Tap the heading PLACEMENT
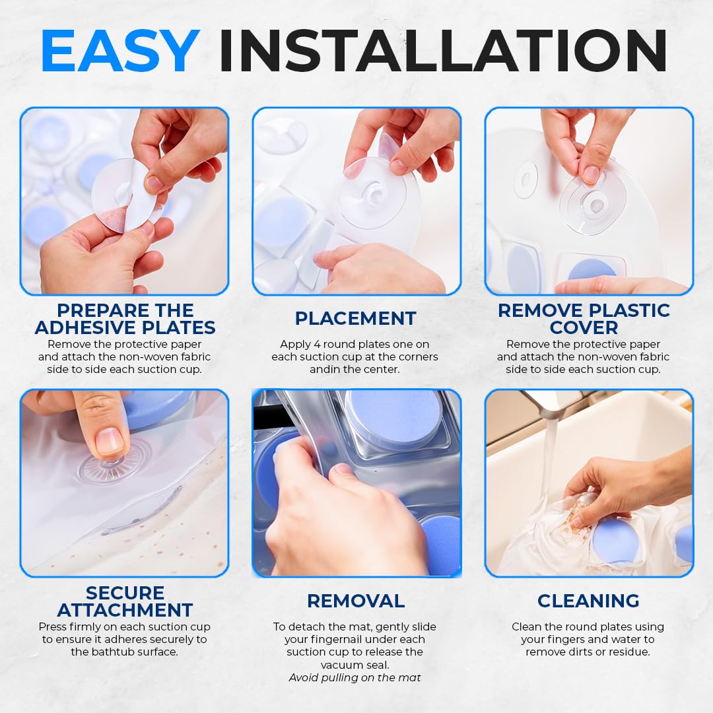click(x=355, y=318)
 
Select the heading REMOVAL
click(x=355, y=601)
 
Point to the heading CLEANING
click(x=588, y=601)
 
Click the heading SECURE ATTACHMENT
click(x=125, y=601)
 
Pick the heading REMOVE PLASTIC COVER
click(x=584, y=319)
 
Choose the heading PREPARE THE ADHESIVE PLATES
click(x=125, y=319)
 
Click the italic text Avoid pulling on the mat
click(x=355, y=677)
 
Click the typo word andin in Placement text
click(x=324, y=370)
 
